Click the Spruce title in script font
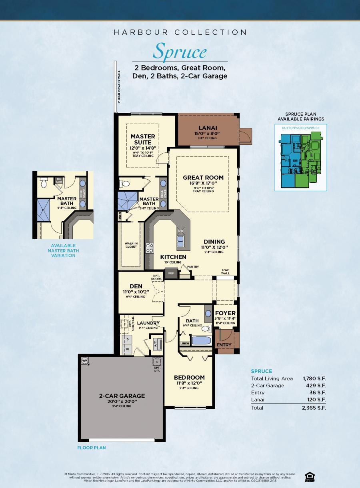(x=180, y=52)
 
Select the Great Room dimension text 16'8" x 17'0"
(x=203, y=184)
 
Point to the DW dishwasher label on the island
(x=180, y=231)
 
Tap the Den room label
(x=136, y=286)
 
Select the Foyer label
(x=225, y=313)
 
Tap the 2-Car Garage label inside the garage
(x=116, y=396)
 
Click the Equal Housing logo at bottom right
(x=309, y=476)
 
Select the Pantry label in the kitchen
(x=192, y=267)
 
